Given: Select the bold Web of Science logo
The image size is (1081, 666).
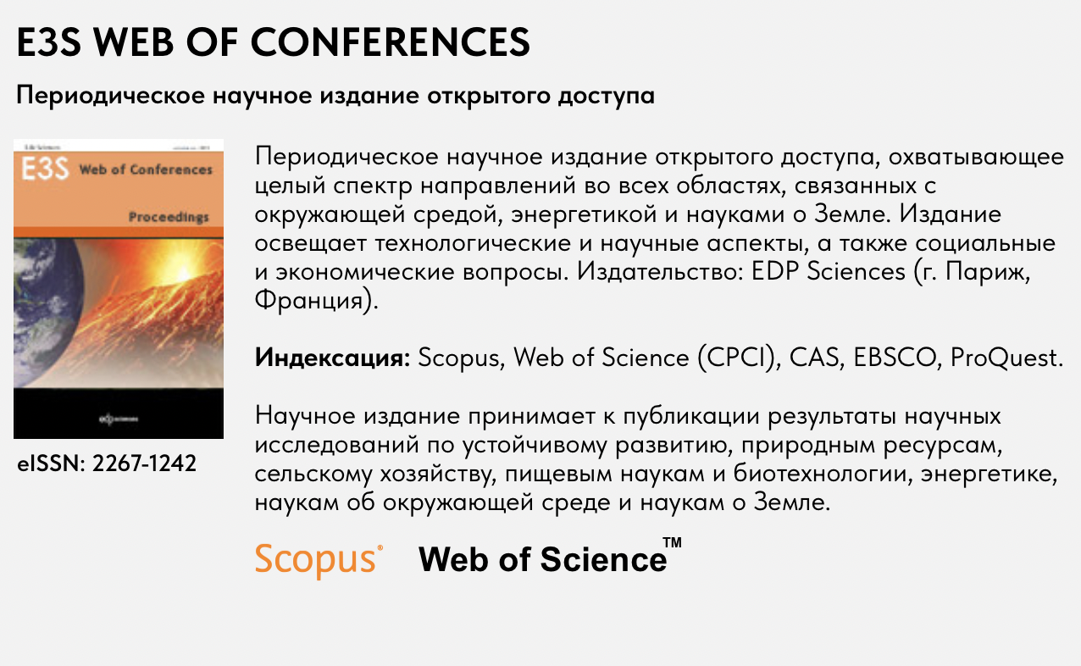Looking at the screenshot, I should tap(542, 560).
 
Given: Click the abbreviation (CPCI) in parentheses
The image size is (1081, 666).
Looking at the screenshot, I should tap(738, 358).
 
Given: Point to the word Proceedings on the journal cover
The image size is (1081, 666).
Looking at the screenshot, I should tap(169, 218).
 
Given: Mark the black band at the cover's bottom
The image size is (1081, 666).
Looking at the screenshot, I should tap(119, 417).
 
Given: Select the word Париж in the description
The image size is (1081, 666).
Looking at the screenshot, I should tap(1008, 273).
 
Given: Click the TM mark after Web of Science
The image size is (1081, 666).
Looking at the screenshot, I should tap(672, 543).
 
